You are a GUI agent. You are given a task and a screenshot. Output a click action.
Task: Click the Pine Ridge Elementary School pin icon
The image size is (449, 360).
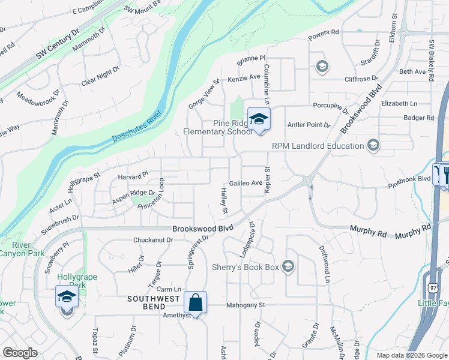pos(259,119)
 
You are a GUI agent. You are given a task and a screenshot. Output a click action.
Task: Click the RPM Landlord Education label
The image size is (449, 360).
pos(318,146)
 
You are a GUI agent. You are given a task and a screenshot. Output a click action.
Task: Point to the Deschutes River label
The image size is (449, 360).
pos(138,127)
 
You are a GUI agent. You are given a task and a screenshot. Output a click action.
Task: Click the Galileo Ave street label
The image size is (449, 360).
pos(246,183)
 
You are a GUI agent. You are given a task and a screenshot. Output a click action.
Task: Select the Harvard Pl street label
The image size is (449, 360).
pos(133,176)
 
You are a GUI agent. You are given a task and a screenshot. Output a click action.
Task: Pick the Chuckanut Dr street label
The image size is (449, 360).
pos(153,240)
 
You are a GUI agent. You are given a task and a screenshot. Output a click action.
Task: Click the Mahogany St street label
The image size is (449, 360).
pos(246,305)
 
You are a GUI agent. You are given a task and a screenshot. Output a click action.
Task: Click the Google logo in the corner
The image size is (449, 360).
pos(20,353)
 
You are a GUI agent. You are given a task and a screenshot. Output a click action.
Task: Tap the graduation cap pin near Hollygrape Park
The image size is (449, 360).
pos(67,296)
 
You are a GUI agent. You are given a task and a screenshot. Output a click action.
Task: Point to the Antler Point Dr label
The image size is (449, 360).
pos(309,125)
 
